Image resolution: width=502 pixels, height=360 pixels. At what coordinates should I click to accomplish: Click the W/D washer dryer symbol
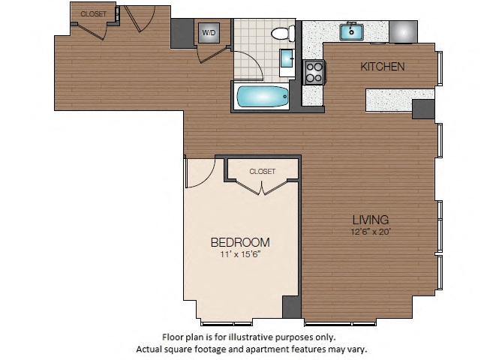click(x=209, y=33)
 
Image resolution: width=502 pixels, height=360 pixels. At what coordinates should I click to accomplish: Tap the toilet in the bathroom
click(x=283, y=33)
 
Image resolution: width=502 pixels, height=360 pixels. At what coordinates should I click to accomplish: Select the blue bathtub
click(x=263, y=96)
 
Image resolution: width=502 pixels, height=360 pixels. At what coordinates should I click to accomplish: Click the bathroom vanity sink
click(x=287, y=58)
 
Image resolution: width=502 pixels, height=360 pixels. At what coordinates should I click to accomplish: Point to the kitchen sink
click(x=351, y=31)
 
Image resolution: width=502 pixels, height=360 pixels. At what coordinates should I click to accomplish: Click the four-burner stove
click(x=314, y=72)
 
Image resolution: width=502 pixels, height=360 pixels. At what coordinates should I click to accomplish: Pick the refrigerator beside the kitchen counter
click(x=403, y=31)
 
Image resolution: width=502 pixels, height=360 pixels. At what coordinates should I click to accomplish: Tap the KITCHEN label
click(x=383, y=67)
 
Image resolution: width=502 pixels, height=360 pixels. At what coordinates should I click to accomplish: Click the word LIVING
click(x=371, y=220)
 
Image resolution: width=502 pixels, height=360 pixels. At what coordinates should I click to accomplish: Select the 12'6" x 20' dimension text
click(x=371, y=232)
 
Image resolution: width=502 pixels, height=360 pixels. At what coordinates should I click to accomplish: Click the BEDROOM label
click(x=240, y=242)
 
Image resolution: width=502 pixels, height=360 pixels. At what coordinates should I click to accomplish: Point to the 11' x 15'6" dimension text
click(x=240, y=254)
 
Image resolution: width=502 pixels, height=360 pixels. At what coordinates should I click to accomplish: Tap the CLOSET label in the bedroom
click(x=262, y=172)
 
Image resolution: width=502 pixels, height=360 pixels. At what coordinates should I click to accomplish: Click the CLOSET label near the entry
click(x=94, y=14)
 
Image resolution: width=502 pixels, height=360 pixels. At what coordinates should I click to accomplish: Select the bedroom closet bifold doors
click(x=262, y=188)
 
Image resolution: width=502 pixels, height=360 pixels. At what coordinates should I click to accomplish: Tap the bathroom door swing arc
click(x=253, y=61)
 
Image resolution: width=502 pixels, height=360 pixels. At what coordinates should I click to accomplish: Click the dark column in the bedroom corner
click(x=292, y=307)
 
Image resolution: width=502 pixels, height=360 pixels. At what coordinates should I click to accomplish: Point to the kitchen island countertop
click(x=400, y=100)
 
